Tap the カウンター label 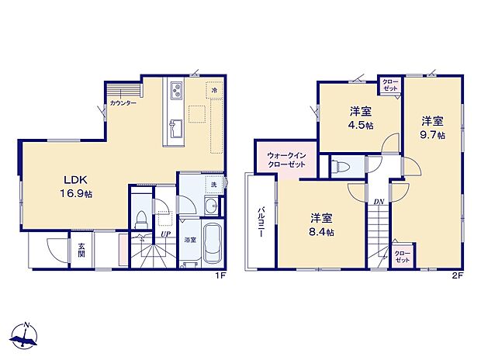coord(123,103)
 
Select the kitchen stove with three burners coord(175,92)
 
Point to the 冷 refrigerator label coord(214,92)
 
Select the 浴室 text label coord(189,241)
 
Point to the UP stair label coord(165,234)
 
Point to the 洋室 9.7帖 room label coord(433,127)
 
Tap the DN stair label coord(378,202)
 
